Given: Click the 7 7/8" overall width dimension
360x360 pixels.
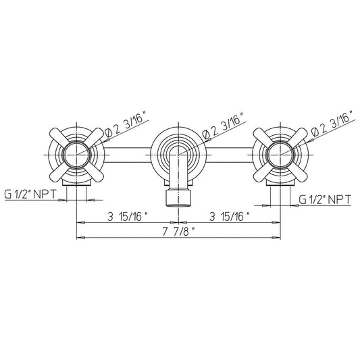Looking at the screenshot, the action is [x=178, y=232].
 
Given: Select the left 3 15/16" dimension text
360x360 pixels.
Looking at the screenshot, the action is [x=128, y=217].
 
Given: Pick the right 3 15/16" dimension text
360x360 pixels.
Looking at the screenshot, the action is [x=230, y=217].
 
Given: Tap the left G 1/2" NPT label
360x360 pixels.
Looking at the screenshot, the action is [x=30, y=195].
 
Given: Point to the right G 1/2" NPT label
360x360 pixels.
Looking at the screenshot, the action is [x=325, y=199].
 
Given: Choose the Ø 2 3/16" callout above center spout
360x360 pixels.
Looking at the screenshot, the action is [x=223, y=124].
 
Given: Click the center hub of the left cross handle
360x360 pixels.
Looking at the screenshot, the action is [x=76, y=155].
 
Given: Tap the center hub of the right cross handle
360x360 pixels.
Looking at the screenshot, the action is [x=280, y=155].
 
